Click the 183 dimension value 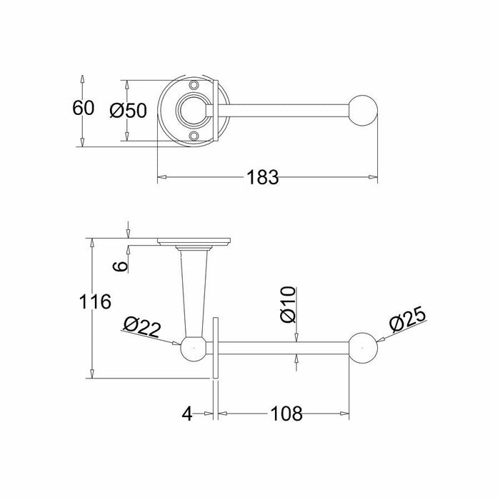[x=263, y=177]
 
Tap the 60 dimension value [x=83, y=108]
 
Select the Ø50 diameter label [x=128, y=111]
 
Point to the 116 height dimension [x=95, y=301]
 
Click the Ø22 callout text [x=142, y=326]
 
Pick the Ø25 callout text [x=408, y=320]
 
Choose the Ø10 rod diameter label [x=289, y=305]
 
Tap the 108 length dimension [x=286, y=414]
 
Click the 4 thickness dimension [x=187, y=414]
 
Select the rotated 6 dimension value [x=121, y=266]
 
